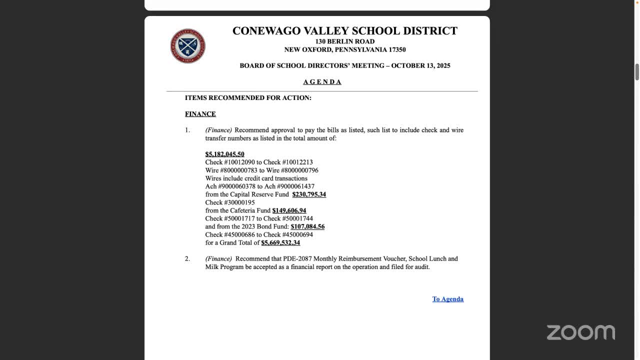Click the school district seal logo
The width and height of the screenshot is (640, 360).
coord(188,46)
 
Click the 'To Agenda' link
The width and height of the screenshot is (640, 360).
coord(447,299)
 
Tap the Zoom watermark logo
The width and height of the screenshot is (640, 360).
coord(580,332)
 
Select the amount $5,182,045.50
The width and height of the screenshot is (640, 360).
coord(224,154)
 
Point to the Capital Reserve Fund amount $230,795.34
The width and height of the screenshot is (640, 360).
coord(309,194)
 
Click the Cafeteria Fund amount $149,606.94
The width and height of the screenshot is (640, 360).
coord(289,210)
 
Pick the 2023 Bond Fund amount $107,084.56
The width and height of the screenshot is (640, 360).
coord(307,226)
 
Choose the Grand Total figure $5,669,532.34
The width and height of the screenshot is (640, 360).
coord(280,242)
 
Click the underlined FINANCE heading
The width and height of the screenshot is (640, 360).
coord(200,114)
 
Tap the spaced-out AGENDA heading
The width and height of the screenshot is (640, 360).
coord(322,82)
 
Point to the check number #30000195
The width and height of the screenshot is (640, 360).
coord(239,202)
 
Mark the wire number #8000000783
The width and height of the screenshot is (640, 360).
coord(238,170)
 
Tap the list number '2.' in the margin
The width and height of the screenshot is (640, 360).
coord(187,258)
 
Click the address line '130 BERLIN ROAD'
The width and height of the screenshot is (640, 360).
coord(344,41)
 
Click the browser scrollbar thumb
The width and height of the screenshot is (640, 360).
coord(637,72)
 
